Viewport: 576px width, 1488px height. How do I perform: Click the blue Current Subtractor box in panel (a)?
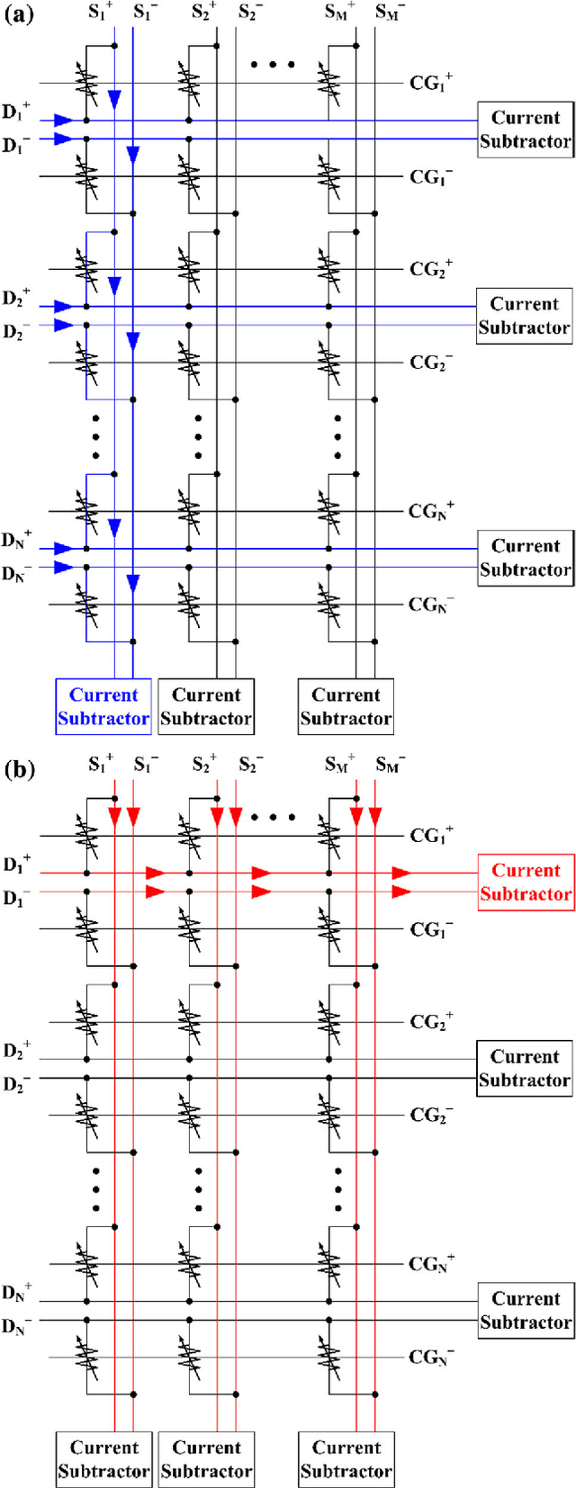coord(103,706)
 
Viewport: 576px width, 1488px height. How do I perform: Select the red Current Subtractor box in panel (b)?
coord(526,882)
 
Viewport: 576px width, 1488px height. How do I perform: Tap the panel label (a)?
coord(20,14)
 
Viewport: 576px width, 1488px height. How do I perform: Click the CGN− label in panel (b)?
coord(431,1357)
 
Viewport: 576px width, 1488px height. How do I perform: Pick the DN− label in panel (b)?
coord(16,1326)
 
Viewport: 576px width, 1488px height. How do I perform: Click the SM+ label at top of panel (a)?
coord(339,12)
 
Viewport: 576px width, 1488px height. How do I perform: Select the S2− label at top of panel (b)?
coord(251,765)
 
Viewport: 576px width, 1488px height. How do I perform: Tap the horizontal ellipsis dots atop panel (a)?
coord(273,65)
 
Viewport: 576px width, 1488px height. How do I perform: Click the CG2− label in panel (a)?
coord(431,363)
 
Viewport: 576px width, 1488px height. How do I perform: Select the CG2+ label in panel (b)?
coord(431,1022)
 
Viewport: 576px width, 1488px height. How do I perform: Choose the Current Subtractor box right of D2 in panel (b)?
coord(525,1068)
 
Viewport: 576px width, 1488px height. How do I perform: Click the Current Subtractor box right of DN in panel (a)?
coord(525,558)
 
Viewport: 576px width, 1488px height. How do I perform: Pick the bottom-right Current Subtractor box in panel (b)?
coord(346,1459)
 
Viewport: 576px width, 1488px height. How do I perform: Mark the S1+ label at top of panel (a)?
coord(101,12)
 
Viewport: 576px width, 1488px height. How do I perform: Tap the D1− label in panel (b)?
coord(16,898)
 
